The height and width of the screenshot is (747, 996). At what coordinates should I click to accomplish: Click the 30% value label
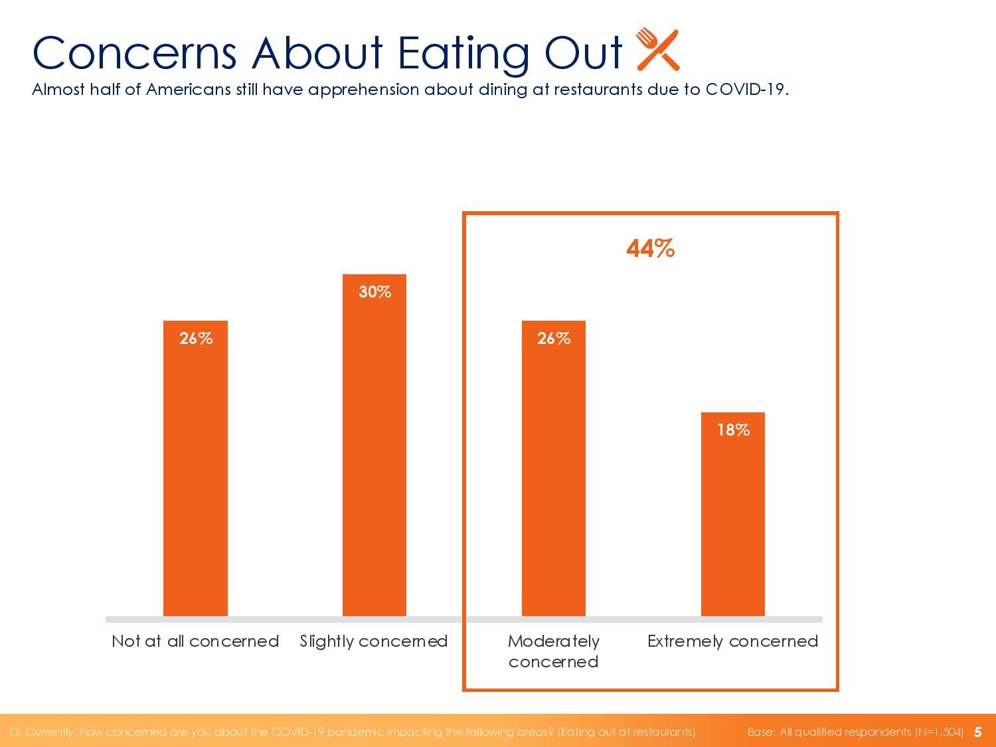374,292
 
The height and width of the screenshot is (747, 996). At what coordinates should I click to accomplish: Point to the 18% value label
733,430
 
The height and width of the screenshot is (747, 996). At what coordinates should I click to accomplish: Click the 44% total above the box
651,249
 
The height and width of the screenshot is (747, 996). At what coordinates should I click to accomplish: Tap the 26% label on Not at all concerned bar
196,339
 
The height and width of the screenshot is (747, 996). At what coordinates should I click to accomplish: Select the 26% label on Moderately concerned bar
554,339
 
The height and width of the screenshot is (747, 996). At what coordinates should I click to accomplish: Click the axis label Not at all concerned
195,641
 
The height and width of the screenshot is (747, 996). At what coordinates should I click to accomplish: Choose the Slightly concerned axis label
374,641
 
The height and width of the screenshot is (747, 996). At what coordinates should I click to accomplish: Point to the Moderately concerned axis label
554,651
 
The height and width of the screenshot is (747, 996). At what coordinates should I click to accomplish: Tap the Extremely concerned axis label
732,641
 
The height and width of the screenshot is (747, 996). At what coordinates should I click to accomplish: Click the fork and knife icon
657,50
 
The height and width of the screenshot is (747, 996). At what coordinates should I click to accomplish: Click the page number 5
977,732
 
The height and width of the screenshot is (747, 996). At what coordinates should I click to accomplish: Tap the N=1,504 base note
939,732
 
